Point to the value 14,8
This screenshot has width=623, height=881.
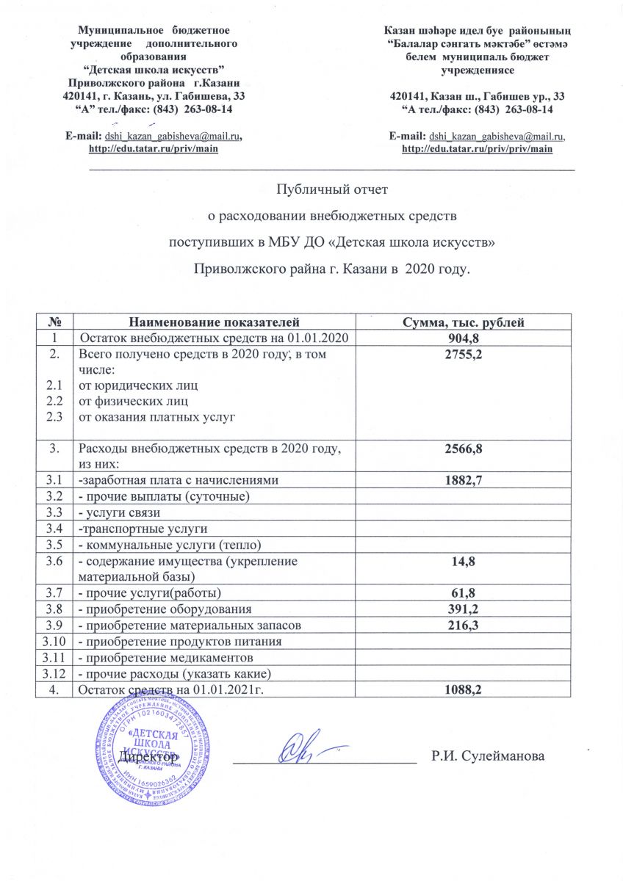click(x=466, y=562)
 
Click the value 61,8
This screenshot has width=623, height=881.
click(x=466, y=592)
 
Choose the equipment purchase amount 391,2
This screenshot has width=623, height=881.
click(x=466, y=609)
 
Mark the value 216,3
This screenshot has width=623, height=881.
click(x=466, y=626)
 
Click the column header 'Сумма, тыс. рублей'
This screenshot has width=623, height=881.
click(x=466, y=322)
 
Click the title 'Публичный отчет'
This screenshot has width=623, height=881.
click(x=331, y=190)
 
